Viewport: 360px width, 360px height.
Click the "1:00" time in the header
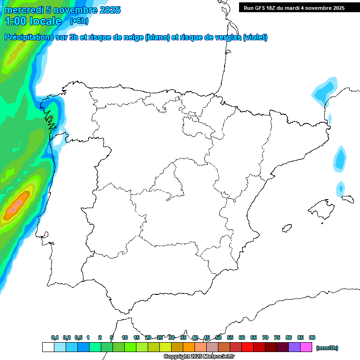(15, 21)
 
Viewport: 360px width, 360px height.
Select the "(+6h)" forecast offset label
(79, 21)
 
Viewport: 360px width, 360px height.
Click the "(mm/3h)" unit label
(327, 348)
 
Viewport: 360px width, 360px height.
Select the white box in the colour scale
(48, 347)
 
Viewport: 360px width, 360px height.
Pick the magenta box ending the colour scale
(306, 347)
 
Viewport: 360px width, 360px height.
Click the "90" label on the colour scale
(312, 337)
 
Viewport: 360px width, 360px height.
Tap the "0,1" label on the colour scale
(55, 337)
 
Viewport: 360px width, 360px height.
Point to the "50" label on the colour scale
(218, 337)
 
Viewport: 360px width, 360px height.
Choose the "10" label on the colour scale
(125, 337)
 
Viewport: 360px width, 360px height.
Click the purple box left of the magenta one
(294, 347)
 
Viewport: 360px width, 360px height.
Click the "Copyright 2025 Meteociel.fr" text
(199, 357)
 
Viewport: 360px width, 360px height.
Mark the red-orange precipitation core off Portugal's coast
(17, 204)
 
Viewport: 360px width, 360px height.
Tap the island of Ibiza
(285, 228)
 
